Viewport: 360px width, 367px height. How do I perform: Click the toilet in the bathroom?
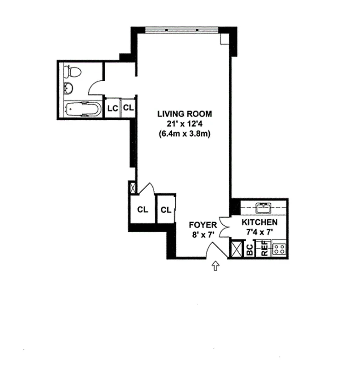tap(73, 71)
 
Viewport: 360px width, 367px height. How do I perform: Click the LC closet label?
tap(112, 109)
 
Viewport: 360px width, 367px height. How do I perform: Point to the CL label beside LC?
tap(128, 109)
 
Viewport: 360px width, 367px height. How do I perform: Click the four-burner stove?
tap(279, 250)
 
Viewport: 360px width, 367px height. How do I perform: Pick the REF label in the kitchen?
tap(264, 250)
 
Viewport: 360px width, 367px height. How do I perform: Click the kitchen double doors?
tap(225, 227)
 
